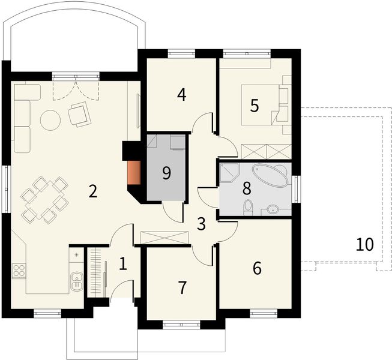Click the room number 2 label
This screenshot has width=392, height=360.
93,192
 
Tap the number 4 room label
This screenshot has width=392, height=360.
182,95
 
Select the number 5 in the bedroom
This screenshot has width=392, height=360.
255,106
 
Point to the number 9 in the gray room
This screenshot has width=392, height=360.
166,173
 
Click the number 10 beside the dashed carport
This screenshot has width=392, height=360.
365,244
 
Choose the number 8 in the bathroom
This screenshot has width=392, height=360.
247,188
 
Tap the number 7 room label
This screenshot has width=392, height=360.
182,287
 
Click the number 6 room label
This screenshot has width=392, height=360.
257,268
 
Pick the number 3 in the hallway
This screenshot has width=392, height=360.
201,224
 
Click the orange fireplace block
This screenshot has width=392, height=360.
134,173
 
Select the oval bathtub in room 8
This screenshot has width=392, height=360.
271,175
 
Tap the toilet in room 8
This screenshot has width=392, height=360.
249,208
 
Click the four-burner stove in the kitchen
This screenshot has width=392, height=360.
19,271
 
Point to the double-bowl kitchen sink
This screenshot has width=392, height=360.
77,281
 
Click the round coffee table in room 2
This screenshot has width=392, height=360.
50,120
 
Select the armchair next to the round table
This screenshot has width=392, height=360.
79,114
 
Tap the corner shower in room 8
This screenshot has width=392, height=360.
229,173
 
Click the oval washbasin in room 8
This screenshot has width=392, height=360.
273,209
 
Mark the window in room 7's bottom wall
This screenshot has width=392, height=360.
181,325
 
